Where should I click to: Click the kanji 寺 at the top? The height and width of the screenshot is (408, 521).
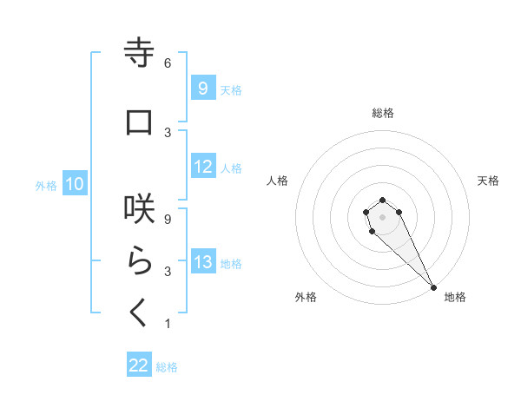click(139, 53)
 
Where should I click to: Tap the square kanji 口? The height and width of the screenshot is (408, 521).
click(139, 122)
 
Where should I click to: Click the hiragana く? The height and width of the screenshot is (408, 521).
click(139, 312)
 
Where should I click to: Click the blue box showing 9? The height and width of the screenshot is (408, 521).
click(202, 88)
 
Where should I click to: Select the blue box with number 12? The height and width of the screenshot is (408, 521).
click(202, 167)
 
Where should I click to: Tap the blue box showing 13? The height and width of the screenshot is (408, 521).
click(202, 262)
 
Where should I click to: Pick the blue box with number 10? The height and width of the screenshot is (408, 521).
click(74, 184)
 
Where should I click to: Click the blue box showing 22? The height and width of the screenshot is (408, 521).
click(139, 365)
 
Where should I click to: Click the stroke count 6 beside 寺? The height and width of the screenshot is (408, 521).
click(168, 63)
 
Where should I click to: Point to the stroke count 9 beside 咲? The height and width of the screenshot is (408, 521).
click(168, 219)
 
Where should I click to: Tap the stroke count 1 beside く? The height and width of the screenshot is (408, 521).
click(168, 324)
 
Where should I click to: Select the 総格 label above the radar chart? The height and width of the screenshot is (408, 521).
click(383, 113)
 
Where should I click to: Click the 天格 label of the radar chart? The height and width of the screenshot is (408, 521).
click(488, 181)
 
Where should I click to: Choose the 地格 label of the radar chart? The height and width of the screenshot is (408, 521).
click(455, 297)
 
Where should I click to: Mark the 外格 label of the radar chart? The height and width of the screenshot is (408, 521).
click(306, 297)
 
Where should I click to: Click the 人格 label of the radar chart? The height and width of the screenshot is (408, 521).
click(278, 181)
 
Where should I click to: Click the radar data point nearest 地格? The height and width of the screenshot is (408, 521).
click(433, 287)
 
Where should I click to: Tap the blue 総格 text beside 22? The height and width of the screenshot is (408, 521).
click(167, 367)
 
